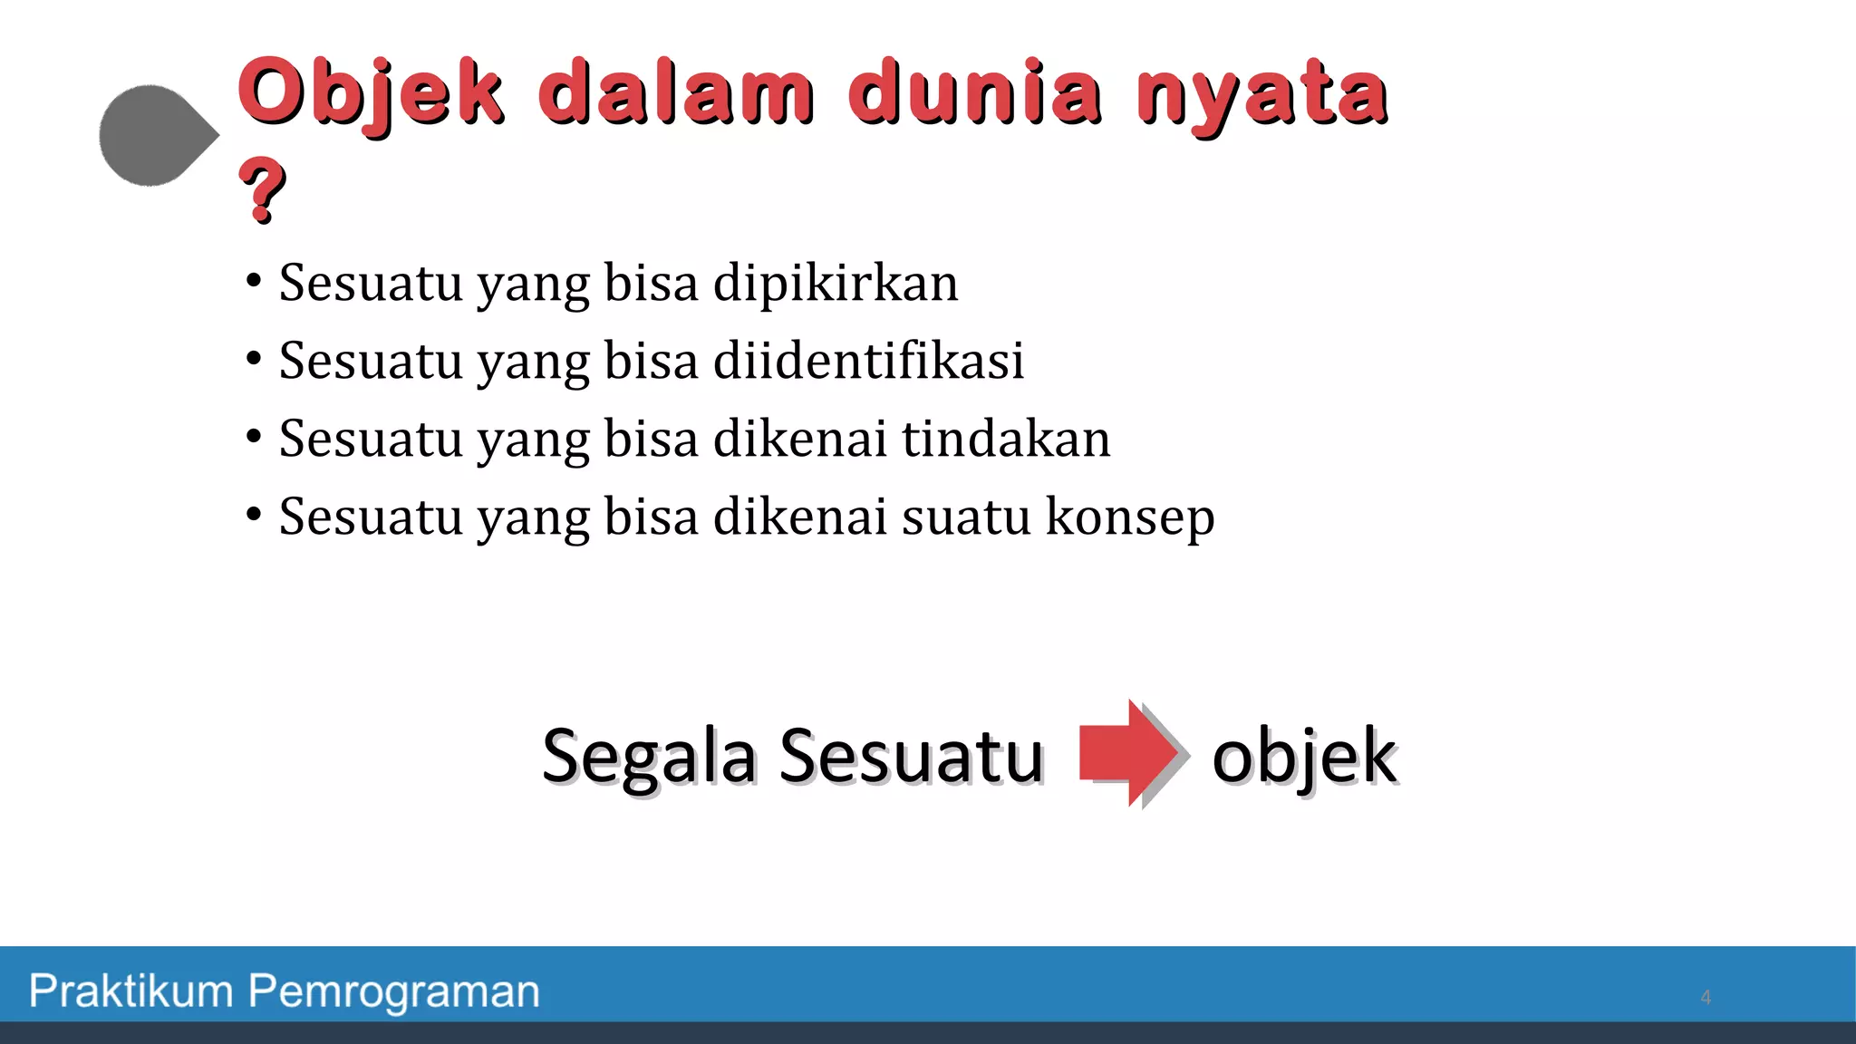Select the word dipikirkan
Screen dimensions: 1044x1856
click(835, 283)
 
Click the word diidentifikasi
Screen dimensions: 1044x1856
click(868, 361)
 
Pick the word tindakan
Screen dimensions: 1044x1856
click(1005, 439)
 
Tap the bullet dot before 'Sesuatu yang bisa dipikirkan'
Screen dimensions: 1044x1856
click(254, 280)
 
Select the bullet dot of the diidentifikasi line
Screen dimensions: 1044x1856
click(254, 358)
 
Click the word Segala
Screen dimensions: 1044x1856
click(649, 757)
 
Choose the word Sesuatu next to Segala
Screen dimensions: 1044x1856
click(911, 757)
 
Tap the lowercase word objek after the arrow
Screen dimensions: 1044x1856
click(1304, 757)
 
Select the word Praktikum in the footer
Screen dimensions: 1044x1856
click(131, 991)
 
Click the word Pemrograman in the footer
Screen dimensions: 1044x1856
click(394, 992)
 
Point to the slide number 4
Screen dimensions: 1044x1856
click(1706, 998)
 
